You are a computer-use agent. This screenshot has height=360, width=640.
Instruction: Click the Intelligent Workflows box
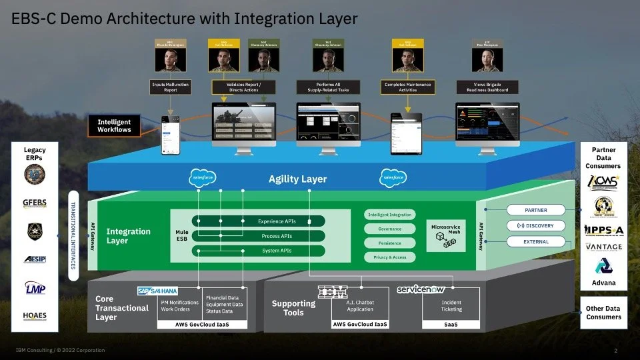tap(114, 126)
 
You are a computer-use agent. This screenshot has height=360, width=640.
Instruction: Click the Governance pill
tap(390, 229)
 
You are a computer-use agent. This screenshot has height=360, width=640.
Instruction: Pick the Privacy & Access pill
tap(390, 257)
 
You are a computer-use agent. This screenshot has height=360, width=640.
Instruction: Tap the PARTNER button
tap(535, 210)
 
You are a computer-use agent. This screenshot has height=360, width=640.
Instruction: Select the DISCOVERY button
tap(535, 226)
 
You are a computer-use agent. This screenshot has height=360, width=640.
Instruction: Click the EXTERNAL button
tap(535, 242)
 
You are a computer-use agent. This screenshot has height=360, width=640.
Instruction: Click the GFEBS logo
tap(34, 202)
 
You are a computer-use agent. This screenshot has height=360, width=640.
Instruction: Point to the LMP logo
tap(34, 287)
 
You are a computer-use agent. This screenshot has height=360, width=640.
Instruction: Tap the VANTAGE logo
tap(603, 247)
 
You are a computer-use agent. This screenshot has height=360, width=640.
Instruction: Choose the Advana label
tap(603, 283)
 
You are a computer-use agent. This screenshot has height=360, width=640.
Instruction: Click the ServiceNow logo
tap(421, 289)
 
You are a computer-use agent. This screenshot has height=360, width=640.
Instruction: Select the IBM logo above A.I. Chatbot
tap(332, 291)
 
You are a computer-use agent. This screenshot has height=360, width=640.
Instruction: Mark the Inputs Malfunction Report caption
tap(171, 87)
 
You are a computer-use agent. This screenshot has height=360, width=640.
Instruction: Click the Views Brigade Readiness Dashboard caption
tap(487, 87)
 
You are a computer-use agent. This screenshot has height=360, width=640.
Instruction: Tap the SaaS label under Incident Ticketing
tap(451, 325)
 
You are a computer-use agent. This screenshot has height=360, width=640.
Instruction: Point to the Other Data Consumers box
tap(603, 313)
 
